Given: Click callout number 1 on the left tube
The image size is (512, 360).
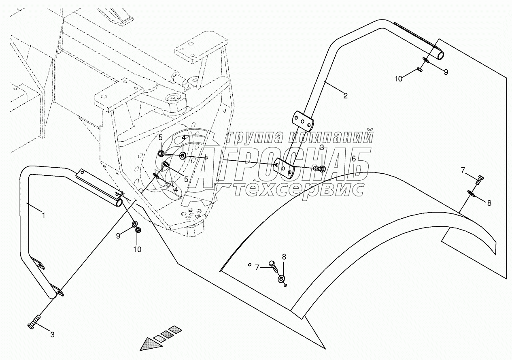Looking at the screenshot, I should (44, 215).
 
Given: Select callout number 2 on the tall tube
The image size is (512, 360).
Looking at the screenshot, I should (345, 96).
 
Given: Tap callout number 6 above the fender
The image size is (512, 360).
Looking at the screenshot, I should (353, 158).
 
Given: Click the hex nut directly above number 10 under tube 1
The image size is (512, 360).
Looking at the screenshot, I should (138, 230).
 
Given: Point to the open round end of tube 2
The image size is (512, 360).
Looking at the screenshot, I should (440, 55).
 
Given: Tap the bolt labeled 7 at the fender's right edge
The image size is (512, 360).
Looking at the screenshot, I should (479, 179).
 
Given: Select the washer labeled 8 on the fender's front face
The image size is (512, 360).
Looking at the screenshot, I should (281, 279).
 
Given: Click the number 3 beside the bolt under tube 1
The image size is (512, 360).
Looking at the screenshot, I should (52, 334).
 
